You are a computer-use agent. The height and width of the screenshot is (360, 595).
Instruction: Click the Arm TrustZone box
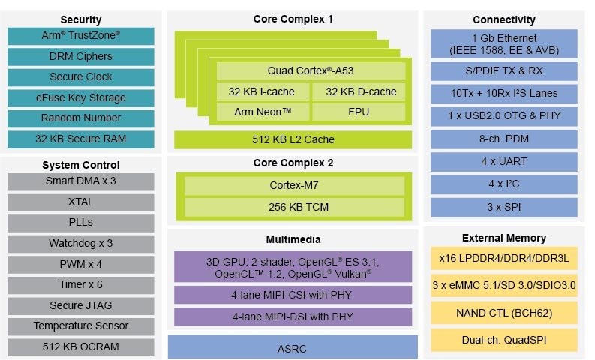click(80, 35)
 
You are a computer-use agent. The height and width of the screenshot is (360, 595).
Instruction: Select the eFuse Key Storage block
click(80, 97)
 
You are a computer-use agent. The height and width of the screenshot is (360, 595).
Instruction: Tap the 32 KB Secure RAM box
click(80, 139)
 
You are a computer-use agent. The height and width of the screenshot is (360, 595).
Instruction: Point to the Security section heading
click(80, 19)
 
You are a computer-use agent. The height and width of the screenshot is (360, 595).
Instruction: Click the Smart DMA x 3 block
click(80, 181)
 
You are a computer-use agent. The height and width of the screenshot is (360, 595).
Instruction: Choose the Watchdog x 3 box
click(80, 243)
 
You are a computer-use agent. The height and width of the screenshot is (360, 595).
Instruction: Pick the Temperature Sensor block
click(80, 325)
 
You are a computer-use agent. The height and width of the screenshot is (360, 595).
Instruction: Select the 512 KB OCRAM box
click(80, 346)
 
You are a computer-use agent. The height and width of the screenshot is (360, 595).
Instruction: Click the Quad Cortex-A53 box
click(311, 71)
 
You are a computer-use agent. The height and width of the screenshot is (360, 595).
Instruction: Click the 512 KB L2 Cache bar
click(293, 139)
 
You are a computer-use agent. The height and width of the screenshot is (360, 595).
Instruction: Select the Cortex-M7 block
click(293, 185)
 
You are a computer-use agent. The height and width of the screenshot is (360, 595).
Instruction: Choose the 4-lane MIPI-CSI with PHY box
click(293, 294)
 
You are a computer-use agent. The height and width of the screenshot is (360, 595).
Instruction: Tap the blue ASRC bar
click(293, 348)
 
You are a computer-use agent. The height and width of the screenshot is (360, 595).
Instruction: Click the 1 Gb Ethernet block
click(503, 43)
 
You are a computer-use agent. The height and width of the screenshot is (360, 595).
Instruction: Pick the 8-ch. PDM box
click(503, 139)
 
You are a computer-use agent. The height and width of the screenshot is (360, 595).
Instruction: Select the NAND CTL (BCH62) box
click(503, 313)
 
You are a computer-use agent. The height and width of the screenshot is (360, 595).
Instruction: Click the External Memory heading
click(503, 238)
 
